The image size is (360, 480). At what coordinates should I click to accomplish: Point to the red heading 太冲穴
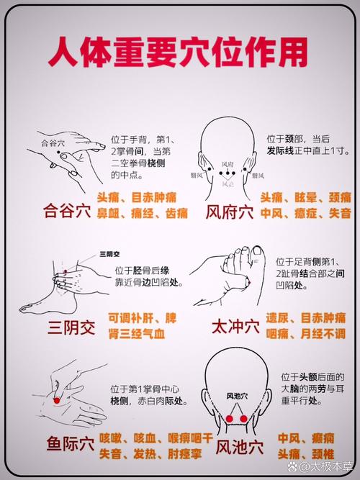230,328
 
